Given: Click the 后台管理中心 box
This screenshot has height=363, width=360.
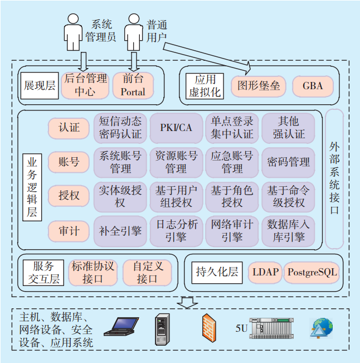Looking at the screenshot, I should [x=85, y=85].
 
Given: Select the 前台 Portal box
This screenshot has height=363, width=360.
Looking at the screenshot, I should [x=133, y=85].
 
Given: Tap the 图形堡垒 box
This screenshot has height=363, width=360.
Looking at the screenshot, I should [x=259, y=86].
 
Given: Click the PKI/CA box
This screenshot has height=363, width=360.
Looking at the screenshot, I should [x=176, y=128].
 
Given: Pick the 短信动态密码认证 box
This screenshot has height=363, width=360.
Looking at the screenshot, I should [x=120, y=128].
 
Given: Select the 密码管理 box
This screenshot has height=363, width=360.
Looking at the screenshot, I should [x=288, y=162].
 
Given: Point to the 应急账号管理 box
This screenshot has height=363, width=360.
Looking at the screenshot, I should [x=232, y=162].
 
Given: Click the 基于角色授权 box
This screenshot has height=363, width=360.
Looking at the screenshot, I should [x=232, y=196].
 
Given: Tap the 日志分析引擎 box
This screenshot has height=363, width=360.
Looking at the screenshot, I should [x=176, y=231].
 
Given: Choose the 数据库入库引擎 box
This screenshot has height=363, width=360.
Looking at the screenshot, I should [x=288, y=231].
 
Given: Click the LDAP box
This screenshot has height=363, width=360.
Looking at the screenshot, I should [x=265, y=272].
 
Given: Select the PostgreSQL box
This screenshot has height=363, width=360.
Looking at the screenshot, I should [x=312, y=272].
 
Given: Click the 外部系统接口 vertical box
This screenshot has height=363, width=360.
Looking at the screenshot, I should [x=334, y=178].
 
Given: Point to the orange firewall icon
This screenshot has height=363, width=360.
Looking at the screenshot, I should [x=209, y=327].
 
